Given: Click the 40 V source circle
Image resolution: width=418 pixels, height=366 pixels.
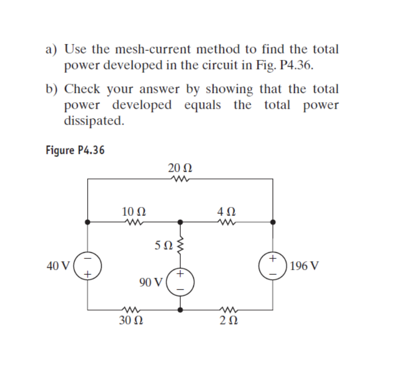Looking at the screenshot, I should click(88, 265).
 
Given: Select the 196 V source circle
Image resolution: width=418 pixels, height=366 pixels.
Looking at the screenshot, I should click(272, 265).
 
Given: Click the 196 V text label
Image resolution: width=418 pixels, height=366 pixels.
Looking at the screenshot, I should click(304, 266).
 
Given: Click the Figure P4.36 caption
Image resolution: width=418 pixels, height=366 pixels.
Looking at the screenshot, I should click(75, 150).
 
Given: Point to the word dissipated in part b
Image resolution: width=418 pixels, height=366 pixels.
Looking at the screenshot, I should click(94, 121).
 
